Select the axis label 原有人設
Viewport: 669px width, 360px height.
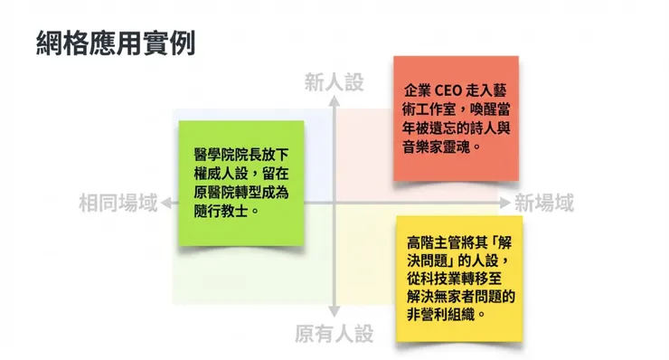[334, 335]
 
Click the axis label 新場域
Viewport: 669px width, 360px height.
[544, 203]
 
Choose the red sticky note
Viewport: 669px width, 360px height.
[456, 118]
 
